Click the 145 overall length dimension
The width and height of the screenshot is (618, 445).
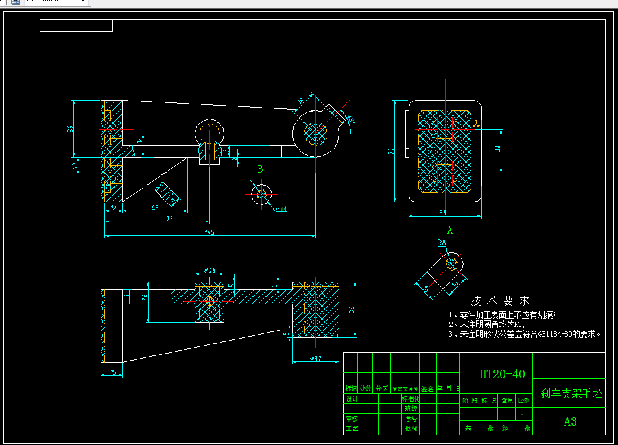coord(209,232)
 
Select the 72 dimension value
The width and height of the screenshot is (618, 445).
coord(169,219)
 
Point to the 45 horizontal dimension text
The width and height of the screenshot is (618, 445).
coord(154,208)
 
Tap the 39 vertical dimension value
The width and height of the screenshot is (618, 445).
coord(70,128)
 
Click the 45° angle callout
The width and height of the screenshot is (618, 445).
coord(350,119)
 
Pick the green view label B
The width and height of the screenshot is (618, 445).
coord(260,169)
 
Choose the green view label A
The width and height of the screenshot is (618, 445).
coord(449,230)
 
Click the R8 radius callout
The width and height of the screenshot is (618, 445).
coord(442,243)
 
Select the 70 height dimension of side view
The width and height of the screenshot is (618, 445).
coord(392,151)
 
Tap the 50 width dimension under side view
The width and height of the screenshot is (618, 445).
coord(442,213)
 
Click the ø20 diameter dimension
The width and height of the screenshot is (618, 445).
coord(209,270)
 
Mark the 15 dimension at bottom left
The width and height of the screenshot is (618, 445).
coord(113,372)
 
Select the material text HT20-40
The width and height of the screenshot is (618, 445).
coord(502,374)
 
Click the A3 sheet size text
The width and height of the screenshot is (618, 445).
coord(570,421)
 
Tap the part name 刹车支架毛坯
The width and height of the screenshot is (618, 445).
coord(571,393)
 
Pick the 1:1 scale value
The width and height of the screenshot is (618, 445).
coord(524,413)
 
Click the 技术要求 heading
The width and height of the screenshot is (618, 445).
coord(499,301)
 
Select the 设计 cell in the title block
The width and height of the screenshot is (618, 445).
coord(351,398)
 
